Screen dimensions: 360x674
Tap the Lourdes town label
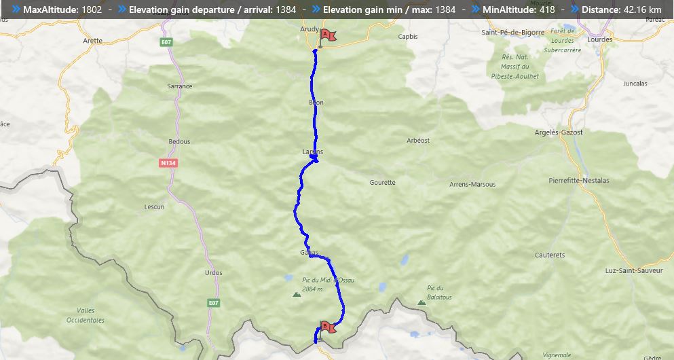click(599, 39)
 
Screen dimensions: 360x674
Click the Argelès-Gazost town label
click(559, 132)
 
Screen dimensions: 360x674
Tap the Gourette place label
click(382, 183)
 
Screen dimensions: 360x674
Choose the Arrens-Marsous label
click(472, 184)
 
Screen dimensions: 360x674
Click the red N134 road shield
click(168, 163)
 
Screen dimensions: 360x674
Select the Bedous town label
click(179, 141)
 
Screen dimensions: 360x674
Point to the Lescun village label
click(154, 206)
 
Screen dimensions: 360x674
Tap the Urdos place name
click(213, 272)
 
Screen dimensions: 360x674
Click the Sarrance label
click(180, 86)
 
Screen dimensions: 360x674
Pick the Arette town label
click(92, 41)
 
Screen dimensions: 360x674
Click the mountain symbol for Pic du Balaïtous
click(422, 302)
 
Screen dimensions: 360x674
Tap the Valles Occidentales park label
click(86, 315)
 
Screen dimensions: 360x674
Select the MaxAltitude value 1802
click(91, 10)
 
